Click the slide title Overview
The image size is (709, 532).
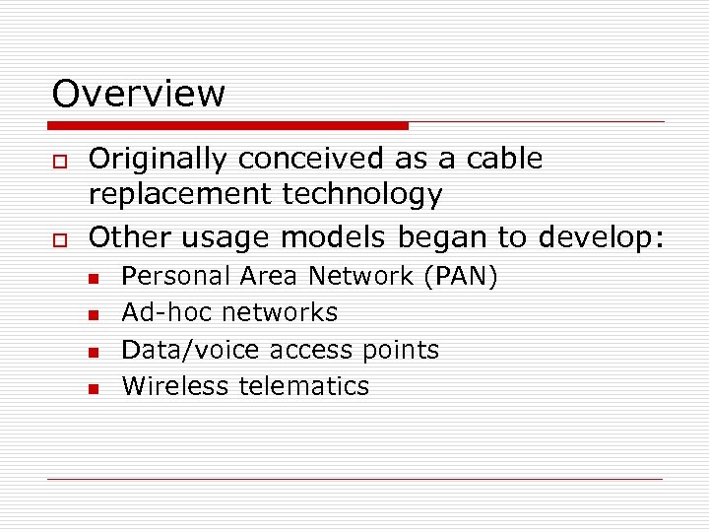pos(139,94)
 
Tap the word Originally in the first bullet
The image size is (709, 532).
pos(161,159)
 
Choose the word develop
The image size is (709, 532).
pos(602,237)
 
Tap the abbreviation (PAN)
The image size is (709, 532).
pos(460,277)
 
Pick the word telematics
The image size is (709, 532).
pos(304,386)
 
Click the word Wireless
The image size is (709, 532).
pos(175,386)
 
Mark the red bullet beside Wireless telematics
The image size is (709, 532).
pos(94,389)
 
